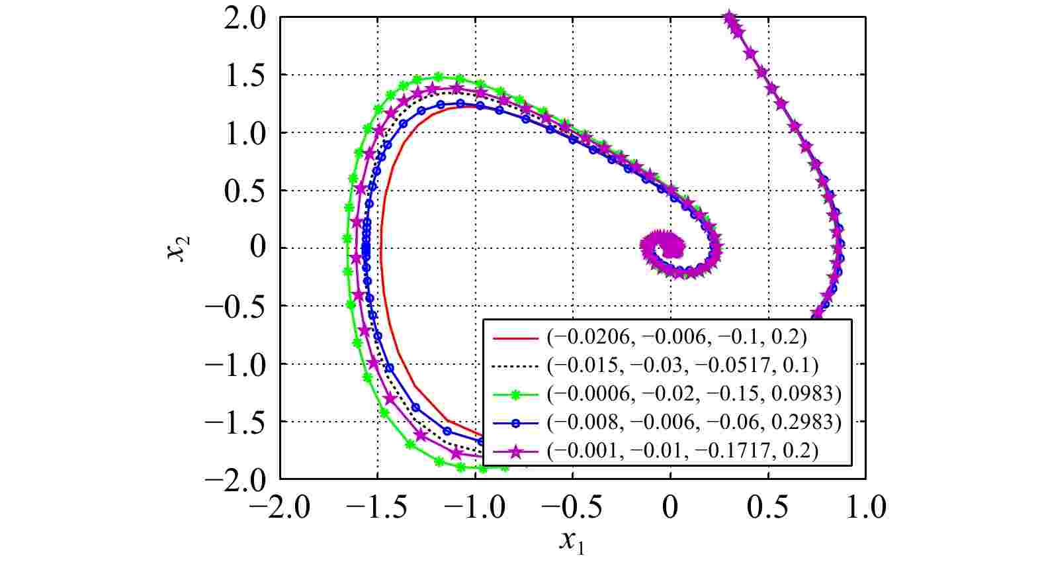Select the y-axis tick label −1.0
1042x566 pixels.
coord(236,364)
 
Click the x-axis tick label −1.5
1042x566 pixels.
coord(377,508)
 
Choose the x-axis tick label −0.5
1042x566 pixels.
coord(572,508)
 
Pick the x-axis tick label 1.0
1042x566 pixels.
coord(865,508)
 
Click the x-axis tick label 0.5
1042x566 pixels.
coord(768,508)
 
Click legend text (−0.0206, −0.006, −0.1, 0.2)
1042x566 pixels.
coord(677,337)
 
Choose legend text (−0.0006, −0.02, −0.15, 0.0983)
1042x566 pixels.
coord(694,394)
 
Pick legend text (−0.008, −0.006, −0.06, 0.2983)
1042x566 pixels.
coord(694,422)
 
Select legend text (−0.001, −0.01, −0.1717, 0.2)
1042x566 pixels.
coord(683,451)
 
